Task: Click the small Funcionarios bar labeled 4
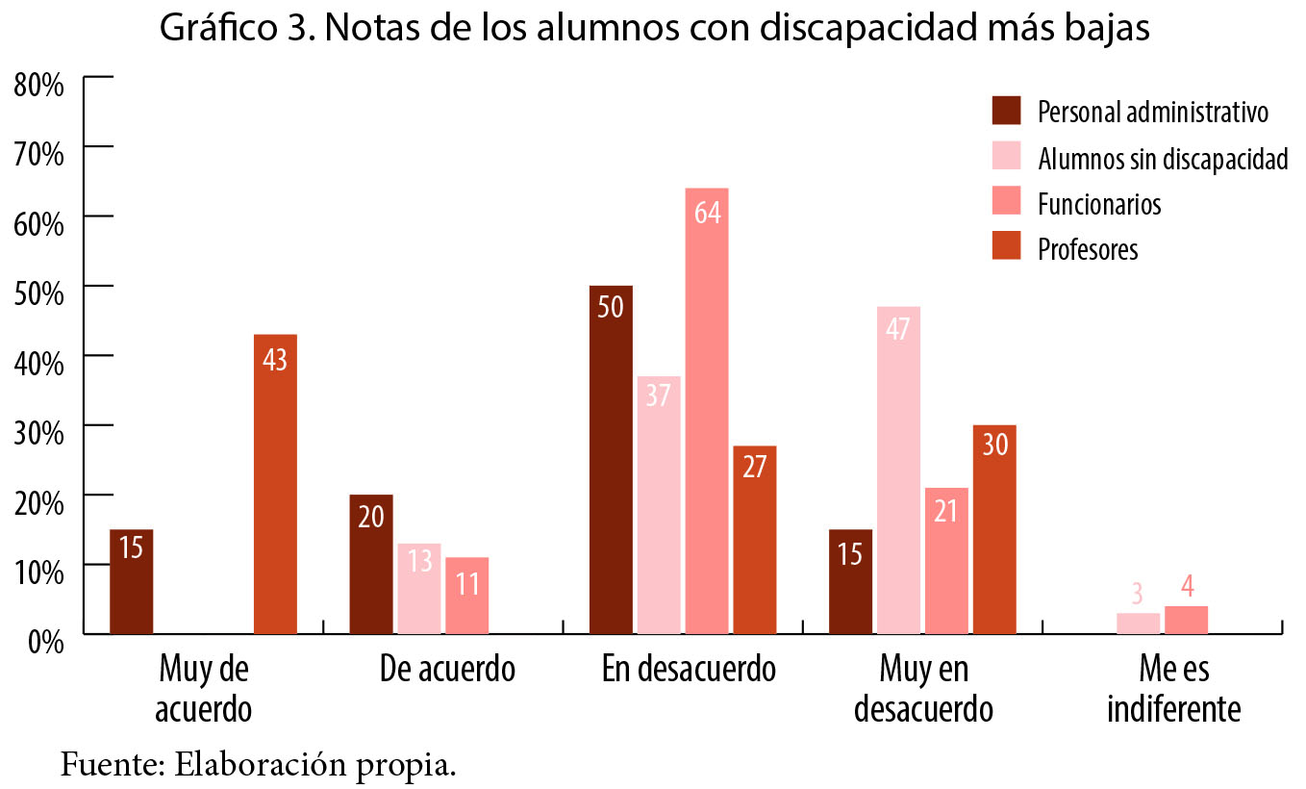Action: pyautogui.click(x=1186, y=620)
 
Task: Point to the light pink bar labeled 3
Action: pyautogui.click(x=1139, y=624)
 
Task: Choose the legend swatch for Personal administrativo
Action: pyautogui.click(x=1006, y=111)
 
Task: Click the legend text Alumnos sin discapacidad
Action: pyautogui.click(x=1162, y=158)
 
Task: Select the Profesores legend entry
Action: pyautogui.click(x=1087, y=249)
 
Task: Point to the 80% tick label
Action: pyautogui.click(x=39, y=84)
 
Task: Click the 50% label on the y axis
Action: pyautogui.click(x=39, y=293)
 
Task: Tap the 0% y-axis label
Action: pyautogui.click(x=44, y=641)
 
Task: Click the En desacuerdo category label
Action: pyautogui.click(x=689, y=669)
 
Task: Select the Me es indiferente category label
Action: pyautogui.click(x=1173, y=689)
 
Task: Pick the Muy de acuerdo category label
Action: pyautogui.click(x=204, y=689)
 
